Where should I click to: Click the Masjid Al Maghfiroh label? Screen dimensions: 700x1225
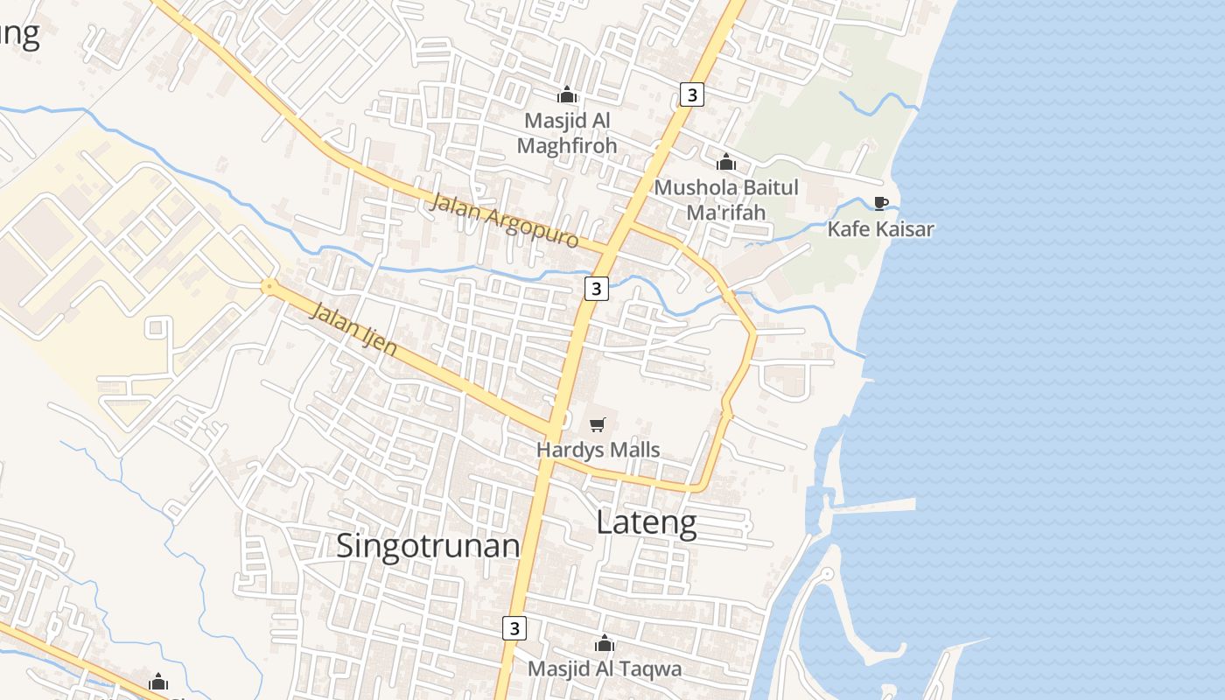pos(567,133)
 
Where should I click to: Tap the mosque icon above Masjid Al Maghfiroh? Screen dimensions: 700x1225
pos(567,94)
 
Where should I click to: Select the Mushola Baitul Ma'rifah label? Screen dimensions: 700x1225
pos(726,199)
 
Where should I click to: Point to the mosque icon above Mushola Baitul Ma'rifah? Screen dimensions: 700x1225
pos(726,162)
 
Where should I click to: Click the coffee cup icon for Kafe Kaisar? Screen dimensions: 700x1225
pos(881,204)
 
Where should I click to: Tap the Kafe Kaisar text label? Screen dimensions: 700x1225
pos(881,229)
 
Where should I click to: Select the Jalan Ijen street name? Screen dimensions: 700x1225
pos(353,329)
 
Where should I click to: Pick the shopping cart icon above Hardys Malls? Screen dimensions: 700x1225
pos(598,425)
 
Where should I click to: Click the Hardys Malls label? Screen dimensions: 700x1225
pos(598,451)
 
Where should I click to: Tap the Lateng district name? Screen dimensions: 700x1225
pos(647,522)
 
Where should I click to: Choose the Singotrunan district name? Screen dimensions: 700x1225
pos(428,545)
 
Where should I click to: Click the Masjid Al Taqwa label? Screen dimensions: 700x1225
pos(604,669)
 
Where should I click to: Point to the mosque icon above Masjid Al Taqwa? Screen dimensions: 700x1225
pos(604,644)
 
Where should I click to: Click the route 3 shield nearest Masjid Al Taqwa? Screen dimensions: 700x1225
pos(514,628)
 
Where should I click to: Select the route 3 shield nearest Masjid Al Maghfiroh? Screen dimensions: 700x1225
pos(692,94)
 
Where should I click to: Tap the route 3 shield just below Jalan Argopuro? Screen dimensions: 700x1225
pos(596,288)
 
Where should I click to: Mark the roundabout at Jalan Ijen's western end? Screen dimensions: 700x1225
pos(269,285)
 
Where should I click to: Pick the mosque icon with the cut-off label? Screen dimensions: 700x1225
pos(158,682)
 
